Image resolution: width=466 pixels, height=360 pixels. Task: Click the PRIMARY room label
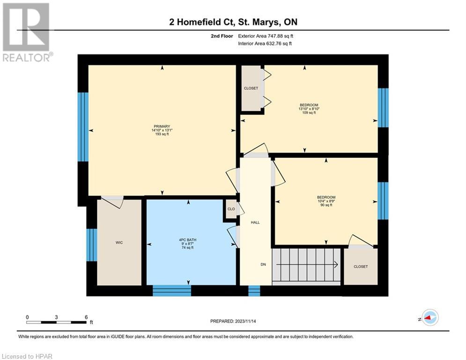tap(162, 127)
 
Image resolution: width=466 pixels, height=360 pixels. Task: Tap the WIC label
tap(119, 242)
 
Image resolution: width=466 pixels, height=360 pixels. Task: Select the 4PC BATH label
tap(187, 240)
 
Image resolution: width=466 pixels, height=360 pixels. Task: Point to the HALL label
tap(255, 222)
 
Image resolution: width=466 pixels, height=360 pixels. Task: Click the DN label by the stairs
tap(263, 264)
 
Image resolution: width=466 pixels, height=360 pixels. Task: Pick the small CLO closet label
tap(231, 209)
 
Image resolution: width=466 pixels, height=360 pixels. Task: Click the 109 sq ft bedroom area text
tap(309, 113)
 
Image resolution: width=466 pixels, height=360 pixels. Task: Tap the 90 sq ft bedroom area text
tap(326, 205)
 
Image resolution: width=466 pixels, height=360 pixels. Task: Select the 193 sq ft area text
tap(162, 134)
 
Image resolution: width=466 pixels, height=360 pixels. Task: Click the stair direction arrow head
tap(336, 264)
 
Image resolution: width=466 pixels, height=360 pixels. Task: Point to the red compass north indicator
tap(428, 318)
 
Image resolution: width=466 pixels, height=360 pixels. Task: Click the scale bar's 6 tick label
tap(86, 317)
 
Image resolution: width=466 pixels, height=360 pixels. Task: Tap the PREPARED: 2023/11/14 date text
tap(233, 321)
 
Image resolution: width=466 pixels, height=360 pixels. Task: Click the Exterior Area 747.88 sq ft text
tap(266, 36)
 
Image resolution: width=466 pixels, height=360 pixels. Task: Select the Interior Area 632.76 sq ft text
tap(265, 44)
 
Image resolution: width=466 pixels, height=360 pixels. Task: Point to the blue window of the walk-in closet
tap(91, 245)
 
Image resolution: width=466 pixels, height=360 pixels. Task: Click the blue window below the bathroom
tap(172, 291)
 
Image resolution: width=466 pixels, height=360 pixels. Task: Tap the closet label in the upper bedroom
tap(251, 89)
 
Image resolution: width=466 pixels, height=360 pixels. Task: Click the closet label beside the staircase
tap(361, 267)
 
